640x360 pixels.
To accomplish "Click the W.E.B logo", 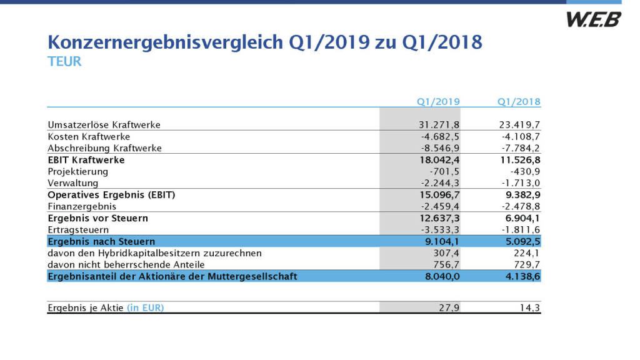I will pos(593,19).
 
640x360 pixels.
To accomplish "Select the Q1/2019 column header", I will pos(438,101).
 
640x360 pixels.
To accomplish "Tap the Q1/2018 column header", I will pos(519,101).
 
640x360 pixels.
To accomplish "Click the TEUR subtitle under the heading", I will pos(64,62).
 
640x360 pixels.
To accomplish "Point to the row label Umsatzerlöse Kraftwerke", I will pos(104,124).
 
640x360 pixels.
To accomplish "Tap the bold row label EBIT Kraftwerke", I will pos(86,160).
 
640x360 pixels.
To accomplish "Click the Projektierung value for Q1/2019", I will pos(444,171).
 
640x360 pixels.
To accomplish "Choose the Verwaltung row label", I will pos(73,183).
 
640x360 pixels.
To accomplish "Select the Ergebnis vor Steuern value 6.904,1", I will pos(521,218).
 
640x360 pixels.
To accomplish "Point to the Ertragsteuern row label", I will pos(77,230).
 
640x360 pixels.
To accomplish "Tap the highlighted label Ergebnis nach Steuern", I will pos(101,241).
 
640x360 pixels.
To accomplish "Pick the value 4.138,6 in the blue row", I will pos(521,276).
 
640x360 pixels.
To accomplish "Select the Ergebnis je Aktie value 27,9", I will pos(449,307).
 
